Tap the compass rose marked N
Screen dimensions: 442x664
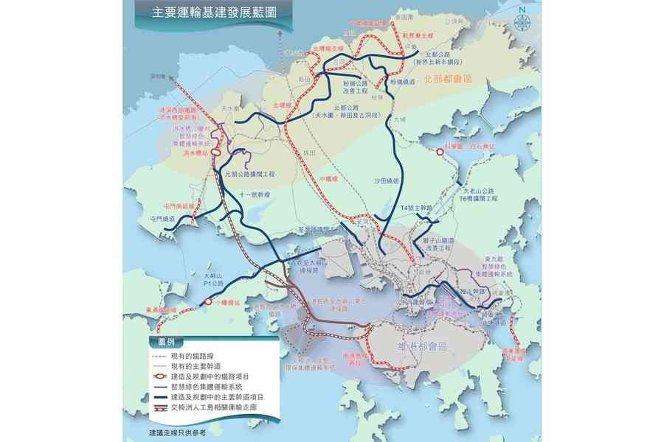point(523,19)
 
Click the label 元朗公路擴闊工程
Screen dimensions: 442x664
point(249,175)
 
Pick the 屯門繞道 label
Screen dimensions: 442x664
point(162,219)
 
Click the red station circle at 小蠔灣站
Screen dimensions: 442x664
point(209,302)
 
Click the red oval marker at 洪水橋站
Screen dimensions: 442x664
point(216,151)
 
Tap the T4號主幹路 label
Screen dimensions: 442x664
point(414,208)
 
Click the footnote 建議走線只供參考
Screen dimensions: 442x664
point(176,433)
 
